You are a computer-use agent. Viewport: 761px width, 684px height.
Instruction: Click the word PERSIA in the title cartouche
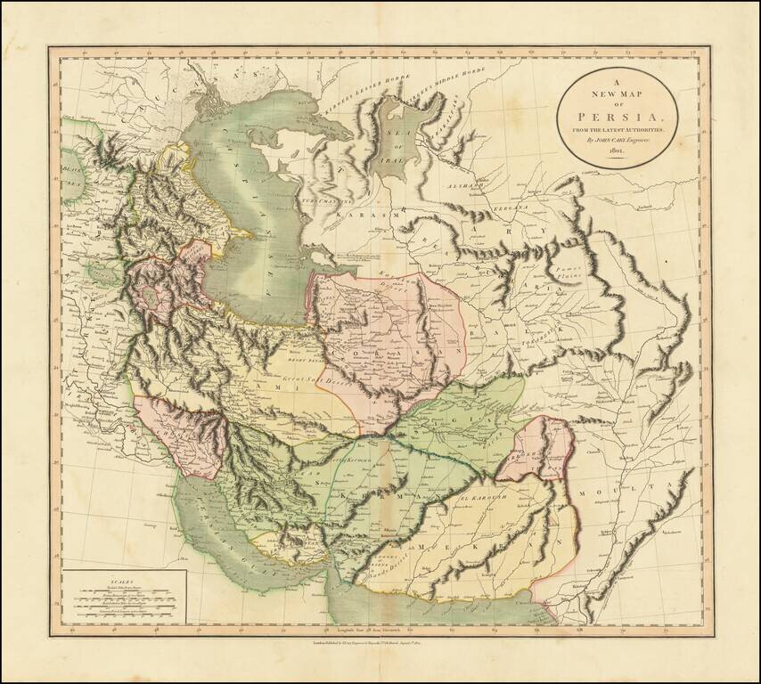pos(618,115)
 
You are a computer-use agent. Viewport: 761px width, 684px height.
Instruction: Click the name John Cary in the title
pos(611,141)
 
